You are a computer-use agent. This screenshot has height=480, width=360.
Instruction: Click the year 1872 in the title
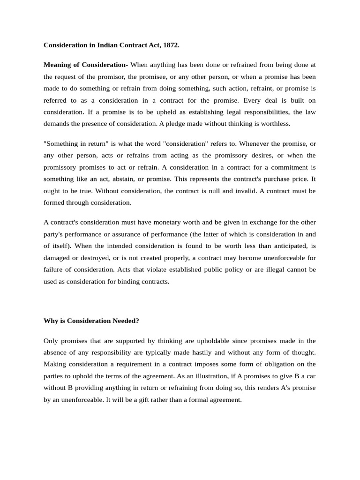pyautogui.click(x=171, y=45)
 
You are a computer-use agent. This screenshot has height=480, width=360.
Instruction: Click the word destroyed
pyautogui.click(x=97, y=257)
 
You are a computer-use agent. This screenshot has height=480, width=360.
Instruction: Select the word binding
pyautogui.click(x=129, y=281)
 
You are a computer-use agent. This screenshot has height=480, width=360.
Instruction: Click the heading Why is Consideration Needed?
pyautogui.click(x=91, y=321)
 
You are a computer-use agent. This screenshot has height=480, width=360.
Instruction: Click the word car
pyautogui.click(x=311, y=376)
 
